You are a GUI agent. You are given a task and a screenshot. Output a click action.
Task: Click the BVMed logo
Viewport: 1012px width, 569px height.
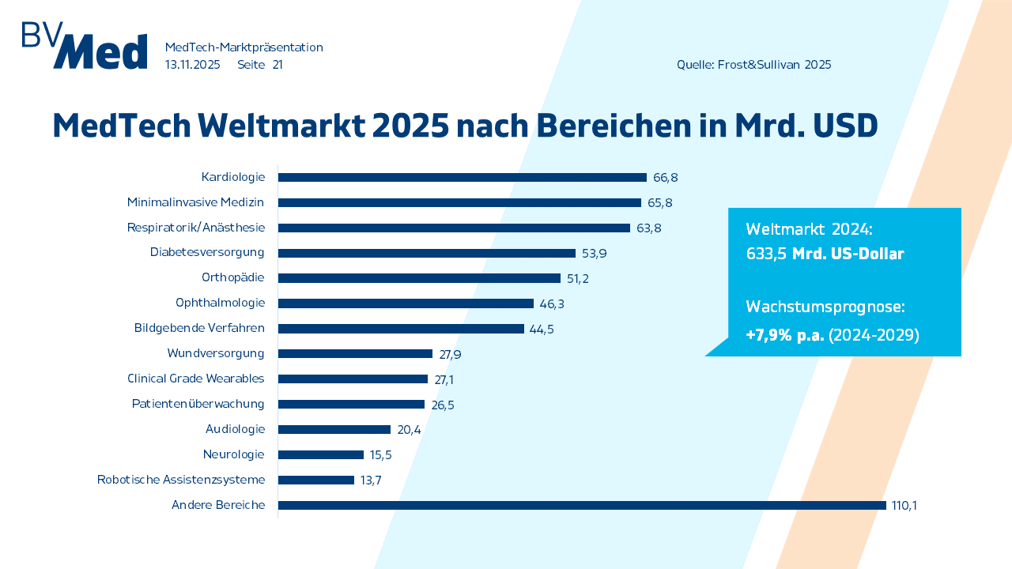85,46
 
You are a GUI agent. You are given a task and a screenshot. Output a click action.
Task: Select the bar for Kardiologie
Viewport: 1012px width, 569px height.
462,178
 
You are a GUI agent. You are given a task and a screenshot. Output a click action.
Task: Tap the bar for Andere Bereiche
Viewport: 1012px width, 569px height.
582,505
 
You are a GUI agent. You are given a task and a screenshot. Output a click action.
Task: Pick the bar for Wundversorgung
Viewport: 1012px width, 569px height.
355,353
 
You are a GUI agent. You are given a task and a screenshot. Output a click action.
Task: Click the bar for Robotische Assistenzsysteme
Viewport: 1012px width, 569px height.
316,480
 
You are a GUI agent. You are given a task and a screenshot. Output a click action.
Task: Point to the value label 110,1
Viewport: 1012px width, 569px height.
904,506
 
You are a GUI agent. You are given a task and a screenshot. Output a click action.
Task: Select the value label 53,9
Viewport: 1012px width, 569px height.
595,254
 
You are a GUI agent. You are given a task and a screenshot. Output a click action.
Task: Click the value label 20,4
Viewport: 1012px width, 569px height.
410,430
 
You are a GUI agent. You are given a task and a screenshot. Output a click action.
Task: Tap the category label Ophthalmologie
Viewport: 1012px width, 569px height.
220,303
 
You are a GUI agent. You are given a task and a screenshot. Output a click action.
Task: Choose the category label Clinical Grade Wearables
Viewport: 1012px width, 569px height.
195,379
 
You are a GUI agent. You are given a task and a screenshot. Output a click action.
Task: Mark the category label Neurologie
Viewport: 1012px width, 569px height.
233,454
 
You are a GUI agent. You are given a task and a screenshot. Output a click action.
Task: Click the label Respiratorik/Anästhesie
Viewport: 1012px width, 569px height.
195,228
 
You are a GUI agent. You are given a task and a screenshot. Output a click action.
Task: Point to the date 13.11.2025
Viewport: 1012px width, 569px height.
192,65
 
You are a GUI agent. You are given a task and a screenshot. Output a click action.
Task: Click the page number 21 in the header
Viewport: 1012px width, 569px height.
278,65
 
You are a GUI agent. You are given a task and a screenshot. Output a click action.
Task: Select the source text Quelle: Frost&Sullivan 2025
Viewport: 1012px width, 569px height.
753,65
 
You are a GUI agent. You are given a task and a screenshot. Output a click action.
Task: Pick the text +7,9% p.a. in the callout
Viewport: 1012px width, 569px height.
784,335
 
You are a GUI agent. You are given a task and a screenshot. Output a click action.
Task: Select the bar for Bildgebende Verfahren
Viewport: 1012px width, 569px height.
401,329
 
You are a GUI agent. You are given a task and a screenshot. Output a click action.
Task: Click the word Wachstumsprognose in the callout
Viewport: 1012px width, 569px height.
825,307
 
